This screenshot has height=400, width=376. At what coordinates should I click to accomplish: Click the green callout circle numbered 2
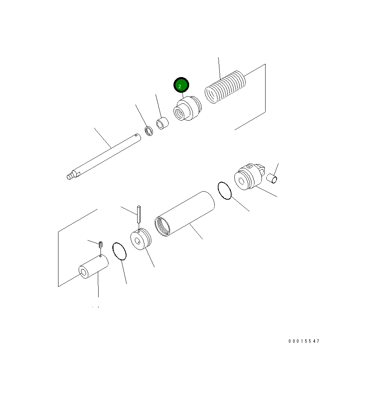click(x=181, y=85)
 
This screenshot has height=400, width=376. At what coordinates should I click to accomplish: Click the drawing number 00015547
click(x=304, y=341)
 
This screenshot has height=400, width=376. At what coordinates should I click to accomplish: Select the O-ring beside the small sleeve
click(x=120, y=251)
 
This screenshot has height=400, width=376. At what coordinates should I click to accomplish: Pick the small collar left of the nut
click(x=162, y=123)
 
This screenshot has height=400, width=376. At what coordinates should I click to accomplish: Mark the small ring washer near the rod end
click(x=149, y=130)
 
